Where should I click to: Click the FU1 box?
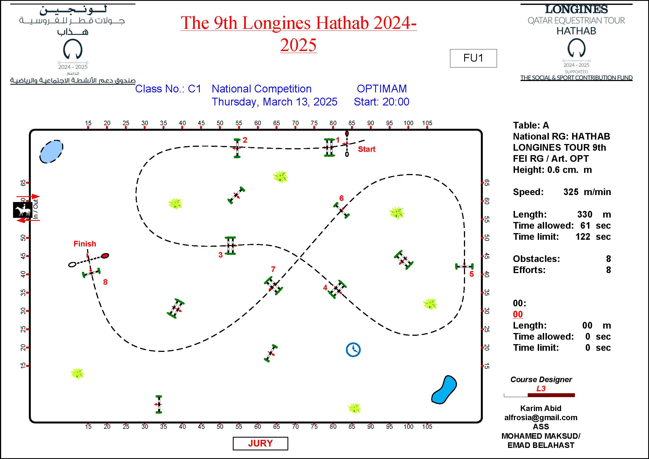click(x=473, y=58)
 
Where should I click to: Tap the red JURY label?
click(x=260, y=443)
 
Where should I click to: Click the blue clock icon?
click(x=353, y=350)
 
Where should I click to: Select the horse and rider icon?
click(x=22, y=210)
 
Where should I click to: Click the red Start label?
click(x=366, y=149)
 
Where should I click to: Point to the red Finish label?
click(x=85, y=244)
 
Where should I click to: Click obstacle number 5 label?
click(x=471, y=274)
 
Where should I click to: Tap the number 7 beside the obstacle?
click(x=273, y=269)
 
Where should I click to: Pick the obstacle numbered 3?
click(x=230, y=246)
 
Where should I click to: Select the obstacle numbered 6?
click(x=342, y=210)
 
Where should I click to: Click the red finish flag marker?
click(x=105, y=256)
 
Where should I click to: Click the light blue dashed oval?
click(x=51, y=151)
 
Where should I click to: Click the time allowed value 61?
click(x=585, y=226)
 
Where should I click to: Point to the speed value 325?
click(x=571, y=192)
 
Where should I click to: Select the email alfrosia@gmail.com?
click(x=541, y=417)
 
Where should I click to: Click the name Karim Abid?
click(x=541, y=408)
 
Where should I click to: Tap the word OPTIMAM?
click(x=382, y=89)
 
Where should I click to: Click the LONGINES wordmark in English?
click(x=576, y=10)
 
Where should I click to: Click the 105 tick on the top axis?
click(x=427, y=123)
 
